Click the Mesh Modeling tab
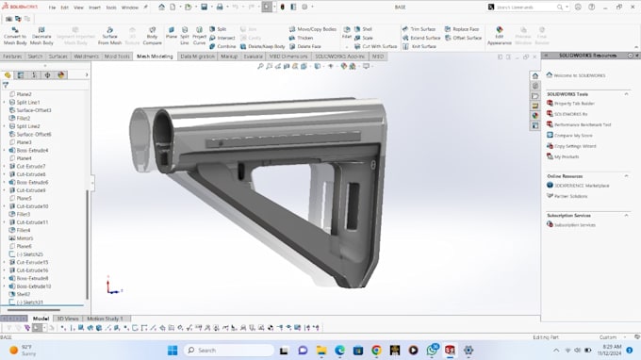[x=156, y=57]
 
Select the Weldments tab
[x=86, y=57]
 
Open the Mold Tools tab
[x=118, y=57]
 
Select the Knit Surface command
[x=423, y=46]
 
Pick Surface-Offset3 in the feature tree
[x=34, y=110]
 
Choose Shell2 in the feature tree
[x=24, y=294]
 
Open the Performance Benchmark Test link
[x=583, y=124]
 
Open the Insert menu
[x=94, y=6]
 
